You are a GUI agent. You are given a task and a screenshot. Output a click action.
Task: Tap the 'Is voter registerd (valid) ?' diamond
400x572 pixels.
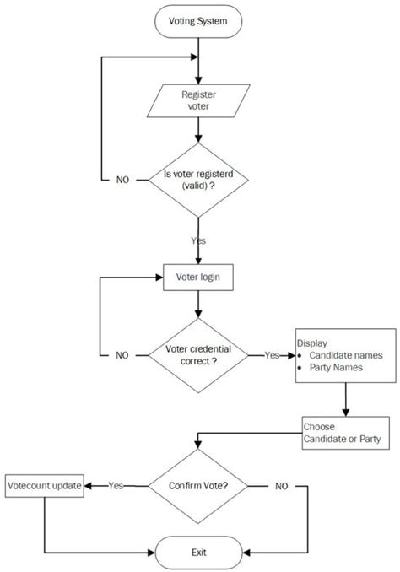click(x=197, y=181)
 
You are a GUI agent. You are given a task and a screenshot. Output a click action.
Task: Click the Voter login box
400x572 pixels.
click(x=197, y=276)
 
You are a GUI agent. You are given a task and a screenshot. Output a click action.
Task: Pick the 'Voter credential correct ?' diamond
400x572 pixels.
click(x=197, y=355)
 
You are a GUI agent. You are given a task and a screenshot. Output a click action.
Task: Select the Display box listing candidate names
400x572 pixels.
click(x=345, y=355)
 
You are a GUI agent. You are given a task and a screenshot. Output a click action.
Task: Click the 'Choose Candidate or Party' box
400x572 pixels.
click(x=346, y=432)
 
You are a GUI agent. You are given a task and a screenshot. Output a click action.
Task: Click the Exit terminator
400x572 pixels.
click(x=197, y=553)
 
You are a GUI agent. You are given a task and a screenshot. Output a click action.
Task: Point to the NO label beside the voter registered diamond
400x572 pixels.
click(x=123, y=181)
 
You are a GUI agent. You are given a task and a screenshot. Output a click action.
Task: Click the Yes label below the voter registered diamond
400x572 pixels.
click(x=198, y=240)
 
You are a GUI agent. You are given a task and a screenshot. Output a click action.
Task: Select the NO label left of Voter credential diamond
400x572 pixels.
click(x=123, y=355)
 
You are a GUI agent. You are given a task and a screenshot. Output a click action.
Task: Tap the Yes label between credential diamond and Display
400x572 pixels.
click(x=272, y=355)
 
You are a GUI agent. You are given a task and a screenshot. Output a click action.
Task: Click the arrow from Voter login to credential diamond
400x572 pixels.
click(x=197, y=302)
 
